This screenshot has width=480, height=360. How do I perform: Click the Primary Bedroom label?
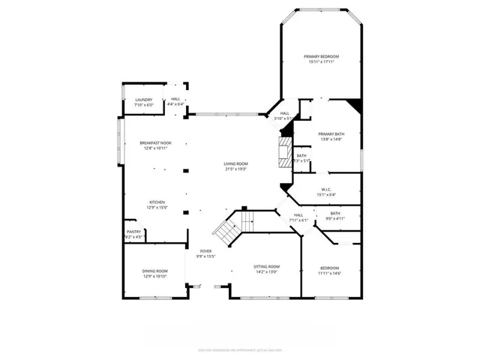(x=321, y=57)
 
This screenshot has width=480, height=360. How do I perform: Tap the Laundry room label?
(x=144, y=100)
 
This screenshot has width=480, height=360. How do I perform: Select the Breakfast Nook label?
(x=155, y=143)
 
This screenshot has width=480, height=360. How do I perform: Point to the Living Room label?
(x=235, y=163)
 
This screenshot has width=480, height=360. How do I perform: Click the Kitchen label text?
(x=157, y=202)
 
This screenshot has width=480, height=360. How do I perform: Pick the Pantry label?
(x=133, y=232)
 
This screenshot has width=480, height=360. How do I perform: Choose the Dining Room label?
(x=155, y=271)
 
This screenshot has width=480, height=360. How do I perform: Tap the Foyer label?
(x=205, y=251)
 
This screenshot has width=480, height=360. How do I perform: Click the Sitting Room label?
(x=268, y=266)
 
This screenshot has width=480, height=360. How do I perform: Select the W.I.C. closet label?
(x=326, y=189)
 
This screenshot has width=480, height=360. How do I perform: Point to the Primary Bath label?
(x=330, y=134)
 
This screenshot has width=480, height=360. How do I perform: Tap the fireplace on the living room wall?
(x=284, y=152)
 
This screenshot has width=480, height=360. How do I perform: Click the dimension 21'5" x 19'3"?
(x=235, y=169)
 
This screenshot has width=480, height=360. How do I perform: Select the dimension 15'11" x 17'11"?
(x=321, y=62)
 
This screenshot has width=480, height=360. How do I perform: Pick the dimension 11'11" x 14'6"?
(x=329, y=273)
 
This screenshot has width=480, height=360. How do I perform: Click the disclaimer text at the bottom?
(x=240, y=349)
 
